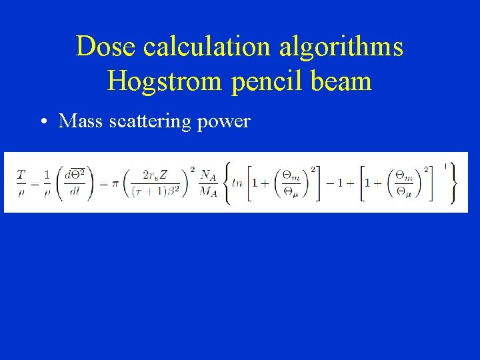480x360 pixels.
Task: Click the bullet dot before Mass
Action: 42,122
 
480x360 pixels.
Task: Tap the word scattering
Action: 153,122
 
